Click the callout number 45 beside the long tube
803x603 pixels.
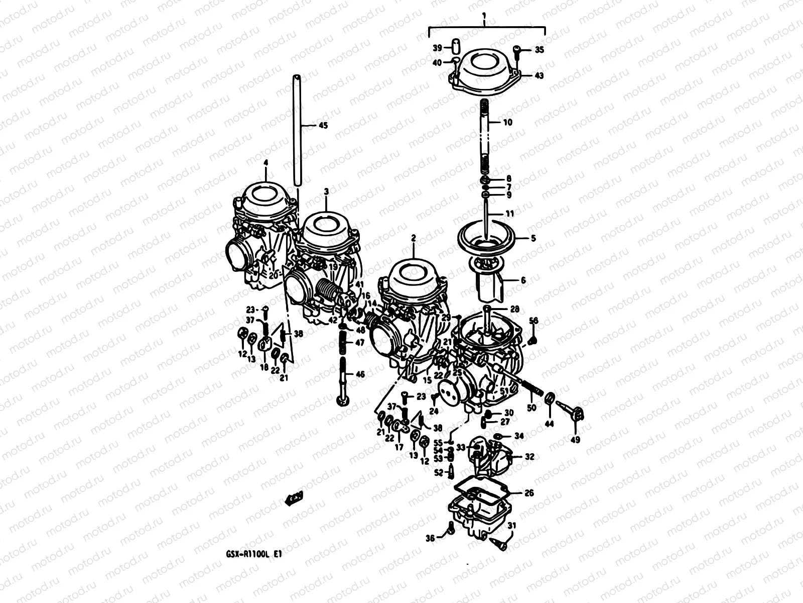(323, 126)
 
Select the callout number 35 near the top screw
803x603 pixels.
(539, 50)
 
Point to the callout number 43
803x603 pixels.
(539, 76)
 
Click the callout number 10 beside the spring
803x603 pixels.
(508, 122)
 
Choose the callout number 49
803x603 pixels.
(575, 440)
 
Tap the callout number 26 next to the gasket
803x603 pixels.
(529, 493)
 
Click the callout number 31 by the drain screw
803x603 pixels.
(511, 526)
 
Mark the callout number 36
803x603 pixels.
(430, 538)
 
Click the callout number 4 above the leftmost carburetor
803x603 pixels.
(265, 162)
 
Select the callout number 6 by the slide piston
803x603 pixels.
(523, 281)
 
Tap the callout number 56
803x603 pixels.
(533, 321)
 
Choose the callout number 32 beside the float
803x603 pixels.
(529, 457)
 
